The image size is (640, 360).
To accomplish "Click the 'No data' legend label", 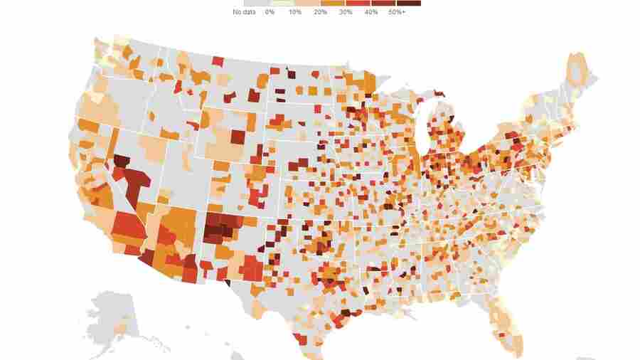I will [x=244, y=12].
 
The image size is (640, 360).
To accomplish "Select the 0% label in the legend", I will [x=270, y=12].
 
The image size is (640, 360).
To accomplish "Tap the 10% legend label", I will [x=294, y=12].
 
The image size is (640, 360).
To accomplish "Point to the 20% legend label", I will [x=320, y=12].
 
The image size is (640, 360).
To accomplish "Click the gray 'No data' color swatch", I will [x=244, y=4].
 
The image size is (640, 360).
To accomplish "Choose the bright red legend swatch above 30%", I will [x=358, y=4].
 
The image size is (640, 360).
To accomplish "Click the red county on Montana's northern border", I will [x=218, y=63].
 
